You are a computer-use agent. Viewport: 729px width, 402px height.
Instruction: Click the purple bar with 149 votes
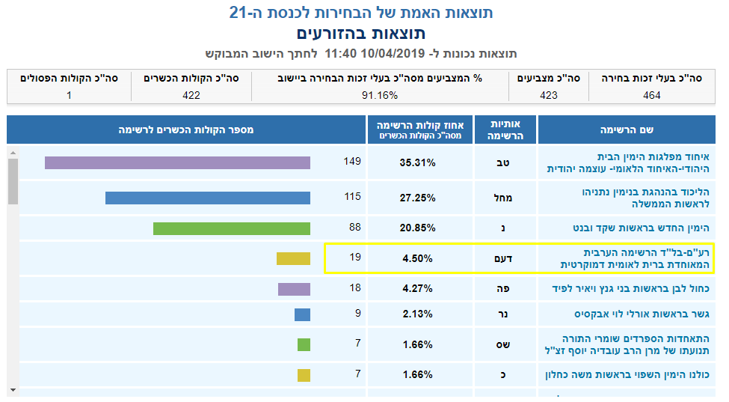[177, 162]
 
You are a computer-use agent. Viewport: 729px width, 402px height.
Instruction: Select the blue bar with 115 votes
[207, 198]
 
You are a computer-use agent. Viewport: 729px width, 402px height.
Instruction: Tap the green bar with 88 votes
[232, 228]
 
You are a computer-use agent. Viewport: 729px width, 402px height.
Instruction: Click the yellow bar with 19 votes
[293, 258]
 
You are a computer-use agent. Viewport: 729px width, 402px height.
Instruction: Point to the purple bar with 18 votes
[294, 289]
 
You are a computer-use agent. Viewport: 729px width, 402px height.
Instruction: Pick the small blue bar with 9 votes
[302, 314]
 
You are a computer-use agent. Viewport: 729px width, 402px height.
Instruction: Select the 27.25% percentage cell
[418, 198]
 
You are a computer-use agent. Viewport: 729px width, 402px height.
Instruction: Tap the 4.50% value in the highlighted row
[418, 259]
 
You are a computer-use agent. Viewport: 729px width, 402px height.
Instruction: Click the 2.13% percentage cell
[418, 314]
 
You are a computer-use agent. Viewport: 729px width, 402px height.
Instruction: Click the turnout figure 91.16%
[380, 95]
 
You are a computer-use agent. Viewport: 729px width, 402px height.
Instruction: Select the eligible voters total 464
[651, 95]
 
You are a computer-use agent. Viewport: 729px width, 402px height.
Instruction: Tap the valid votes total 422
[191, 95]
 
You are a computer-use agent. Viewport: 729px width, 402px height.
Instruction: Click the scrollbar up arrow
[13, 153]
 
